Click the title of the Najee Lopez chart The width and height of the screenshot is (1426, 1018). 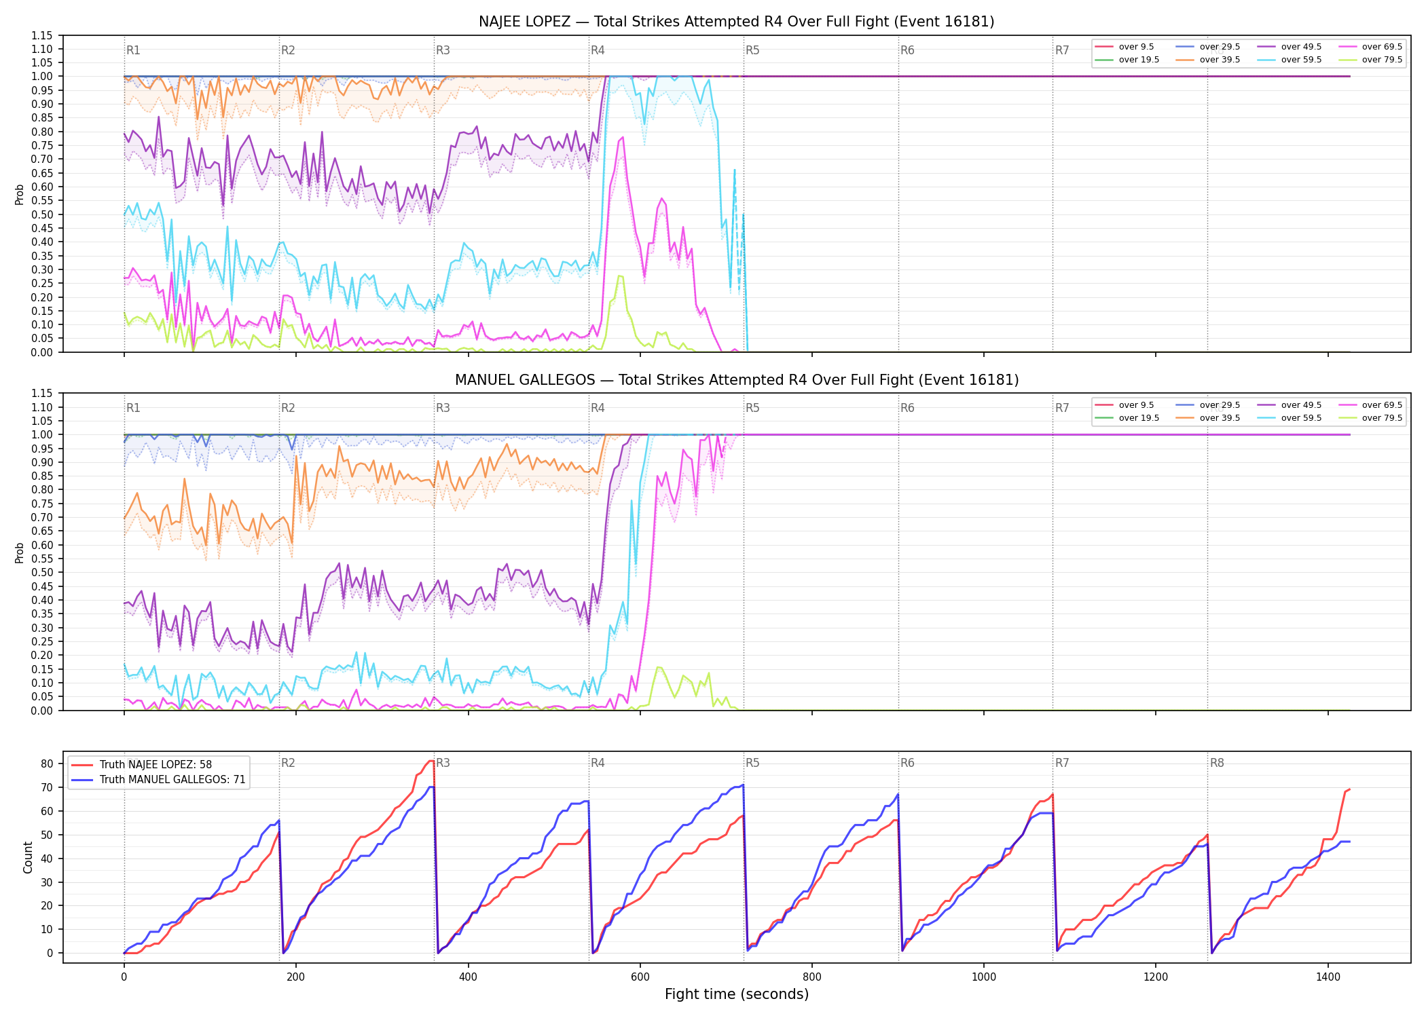click(x=736, y=22)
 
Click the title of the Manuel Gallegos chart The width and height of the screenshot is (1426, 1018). click(x=737, y=380)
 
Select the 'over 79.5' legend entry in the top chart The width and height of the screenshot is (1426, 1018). click(x=1370, y=60)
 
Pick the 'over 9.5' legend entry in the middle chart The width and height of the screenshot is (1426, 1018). click(x=1125, y=405)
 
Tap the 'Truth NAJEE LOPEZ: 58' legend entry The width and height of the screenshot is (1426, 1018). click(x=141, y=765)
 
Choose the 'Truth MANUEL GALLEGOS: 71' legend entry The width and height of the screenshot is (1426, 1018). click(x=158, y=780)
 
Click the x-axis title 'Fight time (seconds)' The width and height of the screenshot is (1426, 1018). click(x=737, y=994)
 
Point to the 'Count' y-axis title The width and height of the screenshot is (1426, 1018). click(x=28, y=857)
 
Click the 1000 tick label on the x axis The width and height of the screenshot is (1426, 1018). click(x=984, y=977)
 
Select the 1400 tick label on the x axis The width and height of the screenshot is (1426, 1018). click(x=1328, y=977)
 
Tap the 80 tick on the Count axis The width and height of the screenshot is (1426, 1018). click(x=47, y=763)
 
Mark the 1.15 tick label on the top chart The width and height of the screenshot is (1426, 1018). click(x=42, y=35)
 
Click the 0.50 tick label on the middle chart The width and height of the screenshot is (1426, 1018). click(x=42, y=572)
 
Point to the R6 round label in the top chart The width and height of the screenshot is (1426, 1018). click(x=907, y=50)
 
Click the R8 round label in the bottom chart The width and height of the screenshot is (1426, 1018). click(x=1217, y=763)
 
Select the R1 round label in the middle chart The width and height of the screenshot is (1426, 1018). click(x=133, y=408)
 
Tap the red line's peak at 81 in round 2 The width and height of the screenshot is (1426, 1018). click(x=431, y=761)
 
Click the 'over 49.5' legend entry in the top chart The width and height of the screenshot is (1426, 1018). click(x=1289, y=47)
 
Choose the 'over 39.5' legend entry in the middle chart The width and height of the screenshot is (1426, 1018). click(x=1207, y=418)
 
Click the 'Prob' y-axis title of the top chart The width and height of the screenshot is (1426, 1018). click(x=20, y=195)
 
